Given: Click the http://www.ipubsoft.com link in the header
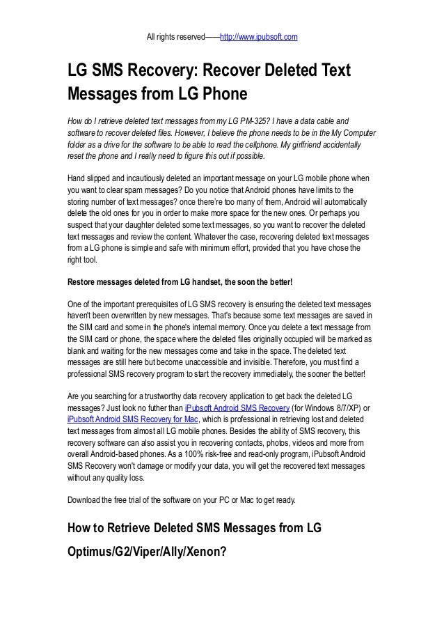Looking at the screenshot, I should pyautogui.click(x=259, y=36).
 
